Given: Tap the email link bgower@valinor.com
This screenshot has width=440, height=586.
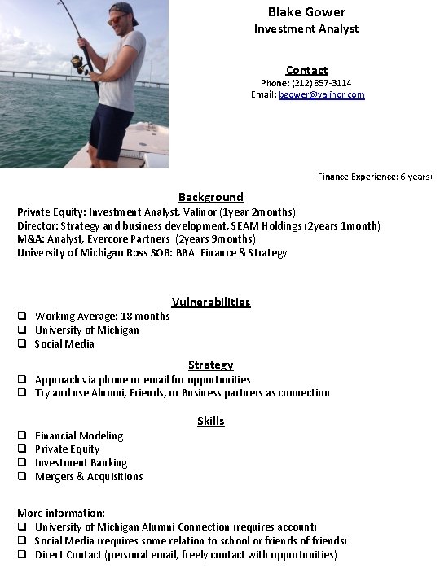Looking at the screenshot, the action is (321, 95).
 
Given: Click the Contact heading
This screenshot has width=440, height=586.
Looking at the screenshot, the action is (306, 70).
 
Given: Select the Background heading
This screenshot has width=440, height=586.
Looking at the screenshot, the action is (210, 197).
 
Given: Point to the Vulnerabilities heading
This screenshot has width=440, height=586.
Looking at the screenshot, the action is (211, 302).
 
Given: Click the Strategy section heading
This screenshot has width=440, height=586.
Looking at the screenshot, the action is (210, 365).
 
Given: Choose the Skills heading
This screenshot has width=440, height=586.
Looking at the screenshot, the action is (210, 421).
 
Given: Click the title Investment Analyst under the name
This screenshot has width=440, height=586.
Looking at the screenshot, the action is (306, 29).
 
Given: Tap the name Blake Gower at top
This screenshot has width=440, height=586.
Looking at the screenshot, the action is (306, 11).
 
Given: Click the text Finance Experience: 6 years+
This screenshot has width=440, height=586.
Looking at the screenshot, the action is (376, 177).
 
